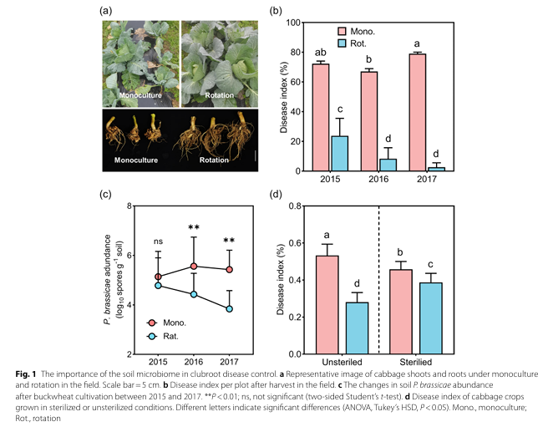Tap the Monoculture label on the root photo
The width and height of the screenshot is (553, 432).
(x=136, y=156)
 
